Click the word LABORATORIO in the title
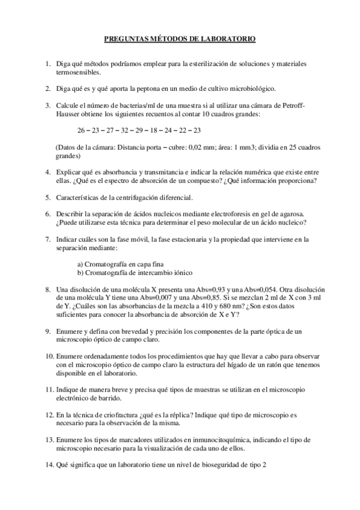coord(226,39)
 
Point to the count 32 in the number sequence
coord(125,130)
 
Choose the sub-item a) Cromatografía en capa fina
coord(120,264)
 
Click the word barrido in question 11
coord(111,398)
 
